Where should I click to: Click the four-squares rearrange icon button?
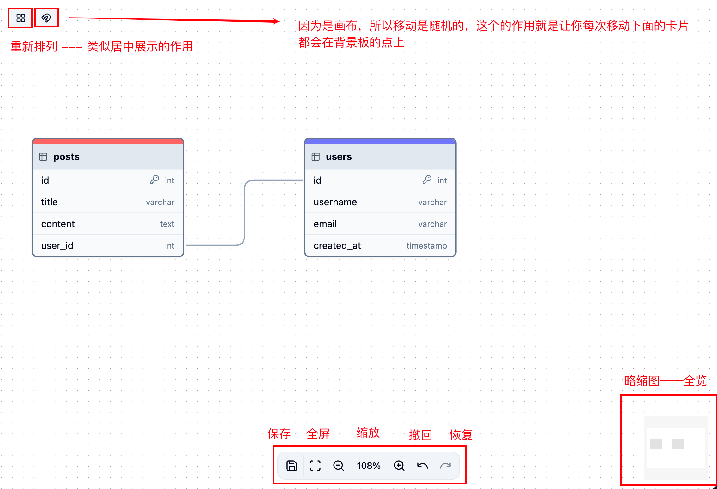(21, 18)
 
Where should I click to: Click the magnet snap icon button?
(46, 18)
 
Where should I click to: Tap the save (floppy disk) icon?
(292, 465)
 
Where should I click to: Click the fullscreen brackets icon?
(315, 465)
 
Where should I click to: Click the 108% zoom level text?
(369, 466)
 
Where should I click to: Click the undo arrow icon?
(422, 465)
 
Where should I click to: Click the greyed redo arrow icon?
(445, 465)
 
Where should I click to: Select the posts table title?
(66, 157)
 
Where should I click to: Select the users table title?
(339, 157)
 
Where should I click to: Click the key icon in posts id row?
(154, 180)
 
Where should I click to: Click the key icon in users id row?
(427, 180)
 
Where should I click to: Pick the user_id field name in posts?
(57, 245)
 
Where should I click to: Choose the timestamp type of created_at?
(426, 246)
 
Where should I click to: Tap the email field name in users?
(325, 224)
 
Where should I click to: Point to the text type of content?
(167, 224)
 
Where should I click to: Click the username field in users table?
(335, 202)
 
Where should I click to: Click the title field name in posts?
(49, 202)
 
